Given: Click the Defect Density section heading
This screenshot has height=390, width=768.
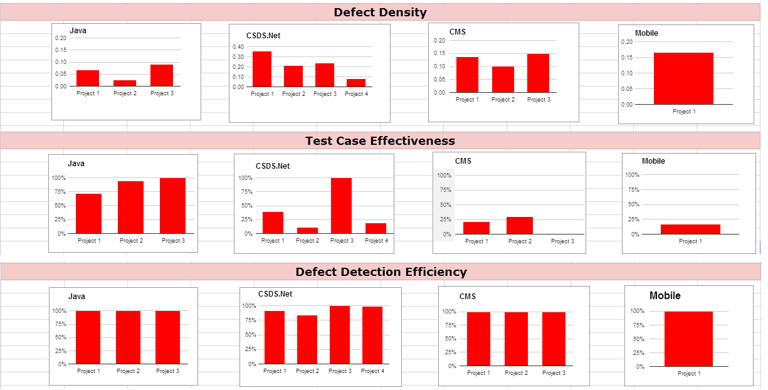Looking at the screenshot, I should (x=380, y=12).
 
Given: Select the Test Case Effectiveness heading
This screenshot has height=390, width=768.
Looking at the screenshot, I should (x=380, y=140).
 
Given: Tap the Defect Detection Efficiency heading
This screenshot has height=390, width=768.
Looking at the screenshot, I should (x=381, y=271).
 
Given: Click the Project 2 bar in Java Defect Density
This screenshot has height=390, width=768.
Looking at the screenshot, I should (x=125, y=83).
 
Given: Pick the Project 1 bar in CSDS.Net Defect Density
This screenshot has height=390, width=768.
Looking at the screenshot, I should (x=262, y=69).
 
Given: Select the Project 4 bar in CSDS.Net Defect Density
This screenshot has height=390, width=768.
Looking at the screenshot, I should (x=356, y=83).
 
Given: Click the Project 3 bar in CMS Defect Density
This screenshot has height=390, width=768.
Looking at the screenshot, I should (x=538, y=73).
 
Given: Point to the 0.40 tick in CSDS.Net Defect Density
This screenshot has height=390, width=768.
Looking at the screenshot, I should (x=238, y=47).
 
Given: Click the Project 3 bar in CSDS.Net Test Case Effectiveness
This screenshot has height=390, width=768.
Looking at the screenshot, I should (x=341, y=206).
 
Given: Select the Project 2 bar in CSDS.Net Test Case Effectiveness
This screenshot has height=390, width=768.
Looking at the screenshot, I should (x=307, y=230).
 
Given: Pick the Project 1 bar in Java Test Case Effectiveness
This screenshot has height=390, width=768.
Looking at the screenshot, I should (x=88, y=214).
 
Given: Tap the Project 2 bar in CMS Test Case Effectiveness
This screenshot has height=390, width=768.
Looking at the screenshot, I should (x=519, y=226).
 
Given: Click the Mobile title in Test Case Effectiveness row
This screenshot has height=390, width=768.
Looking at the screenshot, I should (x=653, y=161).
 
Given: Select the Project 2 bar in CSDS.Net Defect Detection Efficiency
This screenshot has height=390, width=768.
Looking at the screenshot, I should (x=307, y=339).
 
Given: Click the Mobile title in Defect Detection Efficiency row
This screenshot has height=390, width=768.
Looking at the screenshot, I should (x=665, y=295).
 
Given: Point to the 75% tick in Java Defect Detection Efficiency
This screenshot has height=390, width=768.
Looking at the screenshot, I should (x=60, y=324).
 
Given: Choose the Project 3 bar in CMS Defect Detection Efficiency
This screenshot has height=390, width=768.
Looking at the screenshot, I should (x=554, y=339).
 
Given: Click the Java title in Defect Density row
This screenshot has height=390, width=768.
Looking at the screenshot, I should (x=78, y=30).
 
